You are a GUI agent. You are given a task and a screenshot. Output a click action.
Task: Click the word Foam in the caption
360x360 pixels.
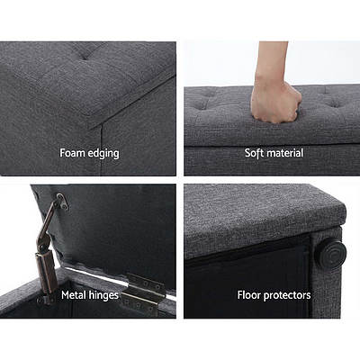coord(74,153)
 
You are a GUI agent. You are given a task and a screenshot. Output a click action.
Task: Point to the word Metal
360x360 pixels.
coord(76,294)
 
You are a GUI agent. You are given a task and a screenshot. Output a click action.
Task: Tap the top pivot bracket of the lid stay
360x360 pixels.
coord(60,203)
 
